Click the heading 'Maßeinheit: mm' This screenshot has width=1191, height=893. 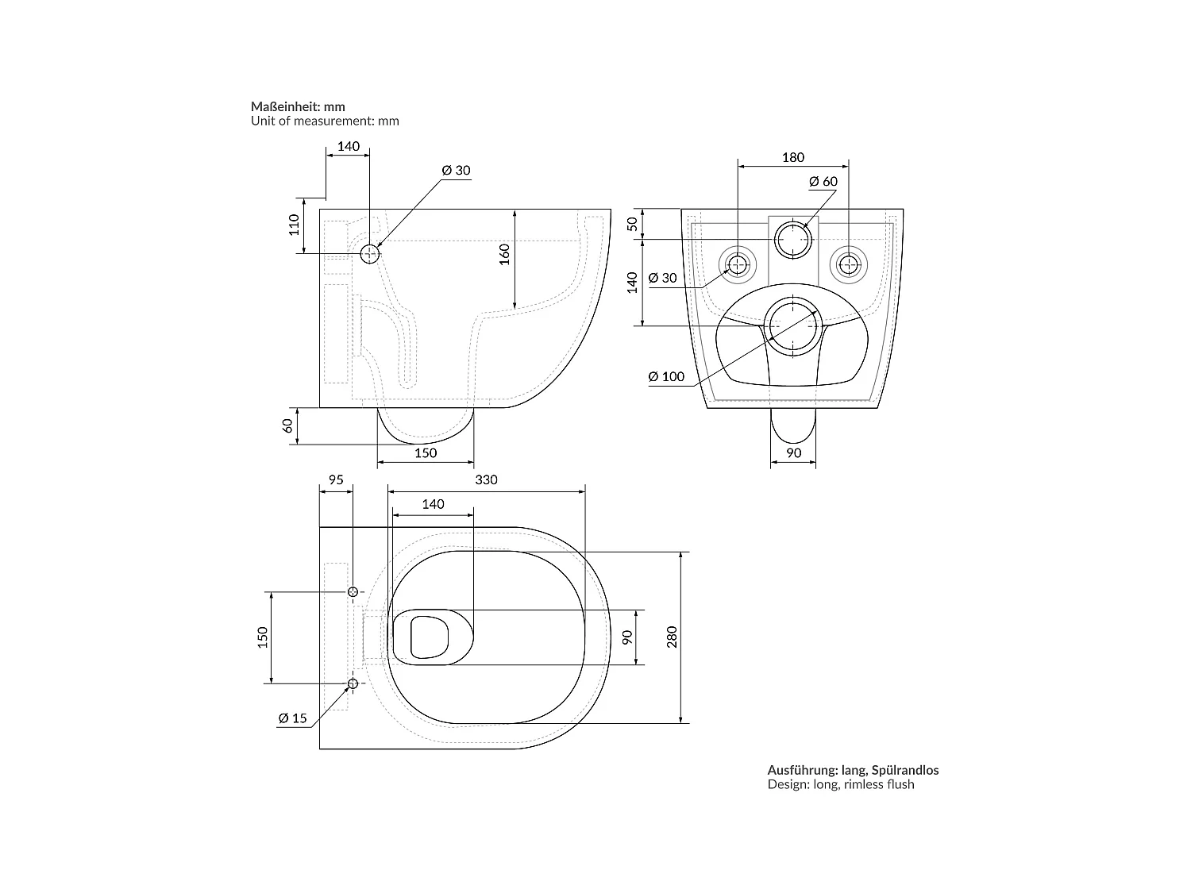point(297,107)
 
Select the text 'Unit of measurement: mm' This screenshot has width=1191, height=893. point(325,121)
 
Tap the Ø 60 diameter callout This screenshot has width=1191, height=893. point(823,182)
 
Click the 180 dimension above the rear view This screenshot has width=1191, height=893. point(792,157)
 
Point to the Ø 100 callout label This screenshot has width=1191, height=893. point(666,376)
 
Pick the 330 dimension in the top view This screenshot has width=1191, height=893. point(486,480)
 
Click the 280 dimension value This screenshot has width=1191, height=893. point(673,637)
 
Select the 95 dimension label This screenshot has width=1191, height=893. point(336,480)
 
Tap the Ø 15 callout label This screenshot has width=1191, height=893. point(292,718)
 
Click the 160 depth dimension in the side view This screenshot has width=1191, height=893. point(505,254)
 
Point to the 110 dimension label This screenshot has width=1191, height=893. point(294,225)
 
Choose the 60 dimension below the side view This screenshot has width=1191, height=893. point(287,426)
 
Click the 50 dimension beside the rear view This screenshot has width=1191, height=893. point(633,223)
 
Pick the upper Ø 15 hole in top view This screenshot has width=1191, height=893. point(353,591)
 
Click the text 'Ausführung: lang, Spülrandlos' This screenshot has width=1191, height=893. point(853,770)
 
